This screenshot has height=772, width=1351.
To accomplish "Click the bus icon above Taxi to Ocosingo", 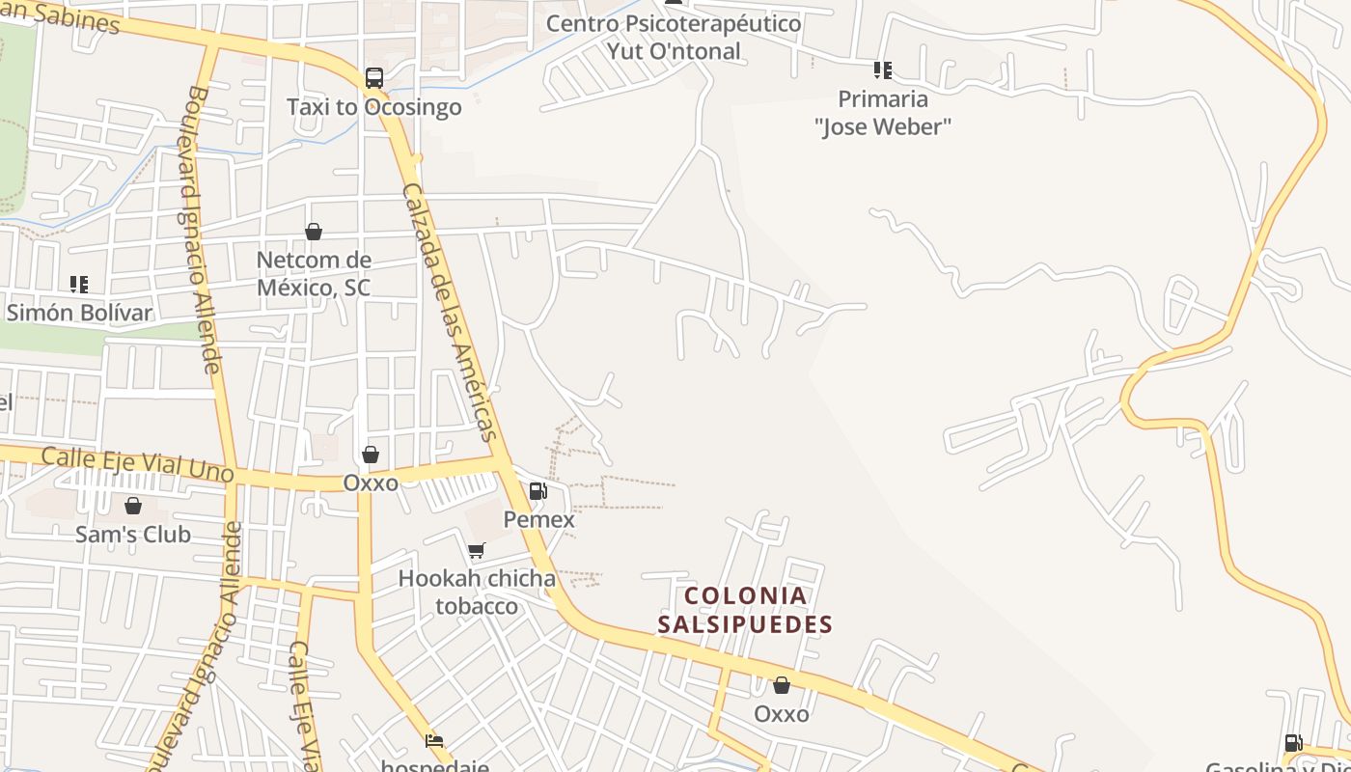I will click(x=373, y=78).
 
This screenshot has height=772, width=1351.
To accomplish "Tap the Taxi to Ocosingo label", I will click(x=373, y=107).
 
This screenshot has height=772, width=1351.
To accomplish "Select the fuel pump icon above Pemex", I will click(x=538, y=491).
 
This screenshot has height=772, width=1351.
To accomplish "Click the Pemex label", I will click(x=538, y=519).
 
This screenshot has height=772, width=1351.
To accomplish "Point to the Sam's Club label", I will click(x=133, y=534).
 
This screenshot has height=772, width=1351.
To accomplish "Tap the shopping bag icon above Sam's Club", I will click(x=133, y=506).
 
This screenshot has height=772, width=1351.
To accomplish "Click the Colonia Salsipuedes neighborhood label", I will click(x=744, y=610).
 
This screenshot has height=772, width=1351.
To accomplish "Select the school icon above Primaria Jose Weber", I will click(x=882, y=70).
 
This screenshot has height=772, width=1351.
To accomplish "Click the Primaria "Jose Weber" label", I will click(x=882, y=112).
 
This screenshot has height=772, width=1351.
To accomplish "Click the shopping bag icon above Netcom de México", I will click(x=313, y=232).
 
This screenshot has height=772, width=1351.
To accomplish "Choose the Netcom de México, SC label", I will click(x=313, y=274).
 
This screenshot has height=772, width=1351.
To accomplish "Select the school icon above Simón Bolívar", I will click(x=78, y=285).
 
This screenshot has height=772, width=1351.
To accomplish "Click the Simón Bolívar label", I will click(x=78, y=313).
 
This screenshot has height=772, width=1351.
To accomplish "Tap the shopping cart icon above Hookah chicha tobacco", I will click(x=476, y=551).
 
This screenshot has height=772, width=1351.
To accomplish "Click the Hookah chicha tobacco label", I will click(x=477, y=592).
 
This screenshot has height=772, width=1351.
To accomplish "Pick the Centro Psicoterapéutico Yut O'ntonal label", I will click(x=674, y=37).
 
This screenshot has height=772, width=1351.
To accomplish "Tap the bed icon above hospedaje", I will click(x=434, y=742).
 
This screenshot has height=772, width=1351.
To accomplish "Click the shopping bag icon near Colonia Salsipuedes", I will click(x=781, y=685).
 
